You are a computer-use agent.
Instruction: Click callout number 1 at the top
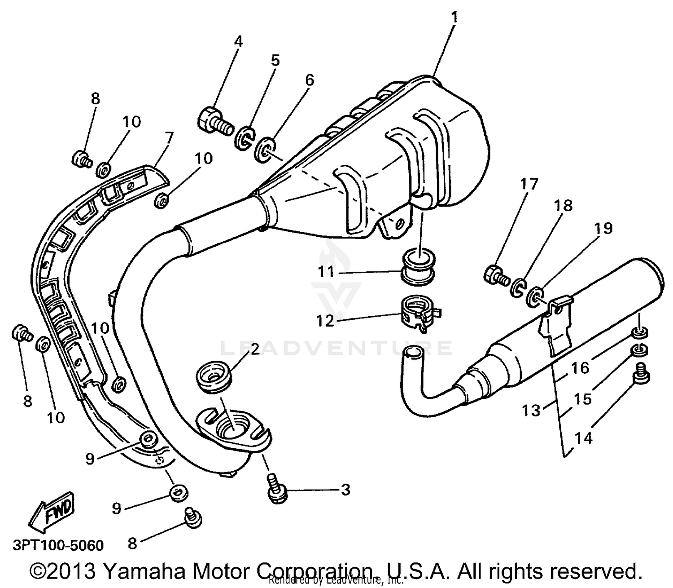point(454,18)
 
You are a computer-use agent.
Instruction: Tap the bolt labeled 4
point(214,120)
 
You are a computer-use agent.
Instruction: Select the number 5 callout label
point(275,60)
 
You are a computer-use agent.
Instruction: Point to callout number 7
point(169,137)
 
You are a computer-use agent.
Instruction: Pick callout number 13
point(531,410)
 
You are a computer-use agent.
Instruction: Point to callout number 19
point(603,229)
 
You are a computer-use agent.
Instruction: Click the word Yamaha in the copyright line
point(144,571)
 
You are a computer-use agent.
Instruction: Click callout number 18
point(564,205)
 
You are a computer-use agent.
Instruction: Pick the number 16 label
point(580,368)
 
